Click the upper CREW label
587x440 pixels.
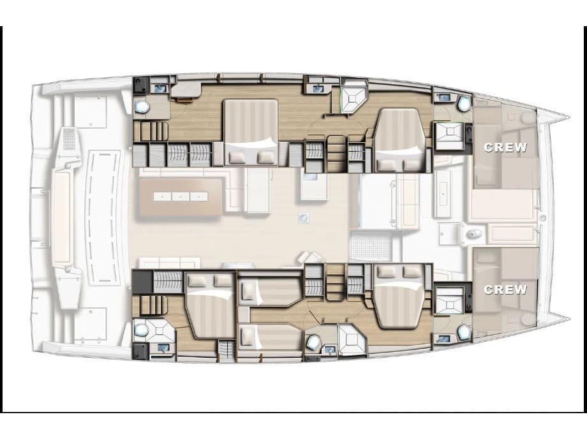[506, 147]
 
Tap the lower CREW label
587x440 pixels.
[506, 290]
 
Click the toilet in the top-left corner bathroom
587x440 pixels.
[142, 107]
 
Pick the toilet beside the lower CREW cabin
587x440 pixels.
[463, 333]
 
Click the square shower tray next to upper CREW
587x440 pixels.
[449, 136]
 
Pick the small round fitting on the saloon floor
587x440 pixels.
[304, 217]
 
